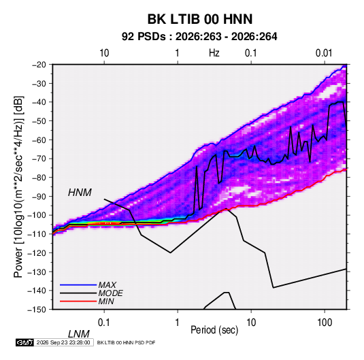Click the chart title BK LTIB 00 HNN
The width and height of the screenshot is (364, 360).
(200, 19)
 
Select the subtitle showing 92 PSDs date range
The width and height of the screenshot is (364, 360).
(199, 37)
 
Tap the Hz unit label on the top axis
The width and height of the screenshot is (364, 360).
(214, 53)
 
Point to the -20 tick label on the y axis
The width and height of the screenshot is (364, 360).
(39, 65)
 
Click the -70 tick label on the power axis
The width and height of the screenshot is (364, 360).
(39, 159)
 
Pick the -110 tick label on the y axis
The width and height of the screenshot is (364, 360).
(37, 234)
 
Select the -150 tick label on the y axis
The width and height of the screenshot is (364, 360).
(37, 310)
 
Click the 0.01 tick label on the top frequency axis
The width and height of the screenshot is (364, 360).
(324, 53)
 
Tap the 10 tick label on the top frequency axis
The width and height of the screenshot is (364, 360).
(104, 53)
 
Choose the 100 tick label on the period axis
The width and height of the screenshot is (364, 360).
(325, 323)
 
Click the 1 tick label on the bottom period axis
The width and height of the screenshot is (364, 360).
(178, 323)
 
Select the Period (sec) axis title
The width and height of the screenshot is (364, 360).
(214, 330)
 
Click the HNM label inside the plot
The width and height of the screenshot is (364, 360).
(80, 193)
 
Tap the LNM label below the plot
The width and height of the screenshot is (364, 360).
(78, 334)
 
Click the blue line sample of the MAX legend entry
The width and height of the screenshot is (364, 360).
(78, 284)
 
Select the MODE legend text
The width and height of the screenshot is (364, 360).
(110, 293)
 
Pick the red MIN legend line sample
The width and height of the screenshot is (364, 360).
(78, 301)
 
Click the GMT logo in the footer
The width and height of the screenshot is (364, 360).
(25, 342)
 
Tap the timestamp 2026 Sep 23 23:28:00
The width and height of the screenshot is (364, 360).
(63, 342)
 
